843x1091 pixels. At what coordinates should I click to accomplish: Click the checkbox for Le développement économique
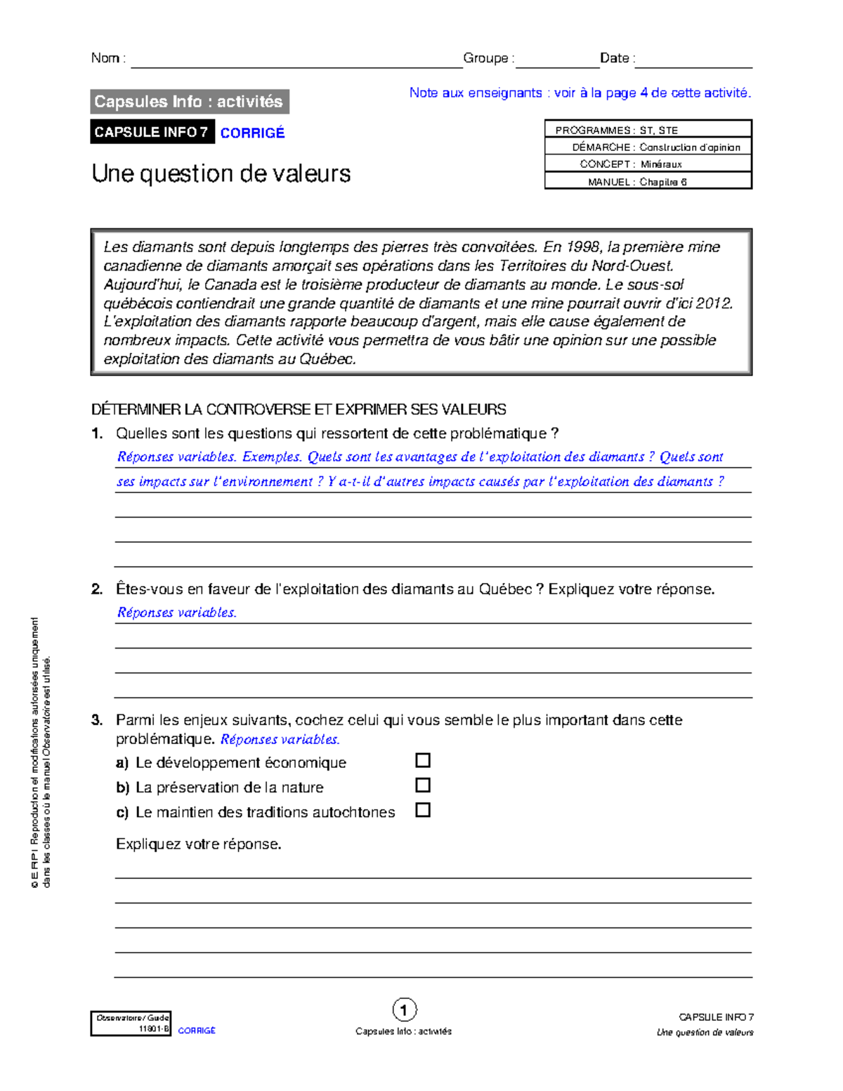click(422, 760)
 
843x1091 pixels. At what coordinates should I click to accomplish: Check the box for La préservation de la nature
click(422, 785)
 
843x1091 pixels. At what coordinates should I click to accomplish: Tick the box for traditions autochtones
click(422, 810)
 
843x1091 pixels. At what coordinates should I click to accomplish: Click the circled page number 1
click(404, 1010)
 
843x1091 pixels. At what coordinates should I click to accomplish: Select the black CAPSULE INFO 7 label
click(152, 132)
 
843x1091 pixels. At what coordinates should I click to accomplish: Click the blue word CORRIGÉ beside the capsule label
click(252, 133)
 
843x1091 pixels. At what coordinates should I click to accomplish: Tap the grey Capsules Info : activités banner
click(189, 102)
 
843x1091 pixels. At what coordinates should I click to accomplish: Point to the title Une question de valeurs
click(221, 174)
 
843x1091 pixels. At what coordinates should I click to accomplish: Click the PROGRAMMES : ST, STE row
click(648, 130)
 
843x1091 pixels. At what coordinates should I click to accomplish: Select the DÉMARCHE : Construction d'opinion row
click(648, 147)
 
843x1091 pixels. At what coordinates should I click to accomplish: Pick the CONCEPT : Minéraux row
click(648, 164)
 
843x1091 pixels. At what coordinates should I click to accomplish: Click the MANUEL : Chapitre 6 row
click(648, 181)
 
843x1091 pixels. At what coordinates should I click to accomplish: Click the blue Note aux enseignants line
click(580, 93)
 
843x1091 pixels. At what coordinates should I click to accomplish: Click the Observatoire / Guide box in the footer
click(131, 1024)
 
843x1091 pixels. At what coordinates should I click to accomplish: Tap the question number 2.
click(97, 589)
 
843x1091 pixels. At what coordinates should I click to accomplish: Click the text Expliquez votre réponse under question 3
click(198, 844)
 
